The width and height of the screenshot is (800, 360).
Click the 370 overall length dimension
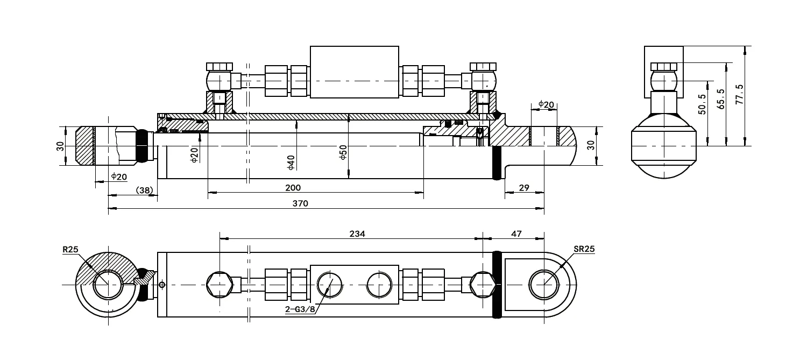click(300, 203)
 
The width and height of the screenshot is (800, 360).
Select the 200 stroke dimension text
click(294, 187)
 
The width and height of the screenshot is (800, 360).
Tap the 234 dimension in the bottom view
click(357, 234)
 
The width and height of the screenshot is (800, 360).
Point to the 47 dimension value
click(516, 234)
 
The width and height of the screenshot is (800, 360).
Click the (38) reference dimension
click(144, 189)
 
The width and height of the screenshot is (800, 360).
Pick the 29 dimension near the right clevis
click(525, 187)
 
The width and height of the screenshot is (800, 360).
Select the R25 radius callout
click(70, 249)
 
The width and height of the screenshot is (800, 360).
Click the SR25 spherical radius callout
click(583, 249)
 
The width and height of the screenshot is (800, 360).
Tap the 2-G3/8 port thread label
click(300, 309)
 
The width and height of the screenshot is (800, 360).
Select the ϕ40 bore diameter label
click(291, 162)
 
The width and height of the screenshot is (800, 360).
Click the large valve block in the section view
click(355, 72)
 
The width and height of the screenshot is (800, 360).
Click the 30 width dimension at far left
click(60, 146)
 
